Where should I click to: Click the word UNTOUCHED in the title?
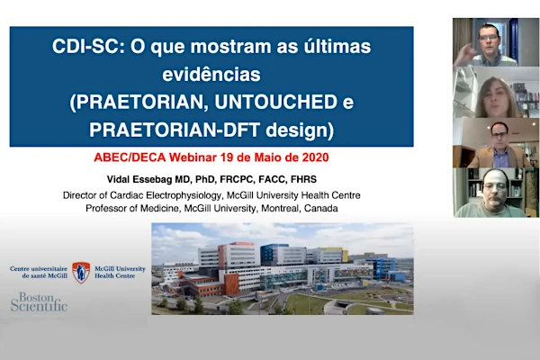pyautogui.click(x=276, y=102)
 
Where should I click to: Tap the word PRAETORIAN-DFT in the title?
pyautogui.click(x=175, y=130)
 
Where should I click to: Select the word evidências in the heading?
pyautogui.click(x=211, y=74)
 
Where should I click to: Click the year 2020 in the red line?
pyautogui.click(x=316, y=157)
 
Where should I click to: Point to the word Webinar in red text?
pyautogui.click(x=193, y=157)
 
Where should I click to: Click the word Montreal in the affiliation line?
pyautogui.click(x=281, y=209)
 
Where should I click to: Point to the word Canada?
pyautogui.click(x=321, y=209)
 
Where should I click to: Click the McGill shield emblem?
pyautogui.click(x=81, y=273)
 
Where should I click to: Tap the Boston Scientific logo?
pyautogui.click(x=39, y=301)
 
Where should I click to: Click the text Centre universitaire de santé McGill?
pyautogui.click(x=39, y=272)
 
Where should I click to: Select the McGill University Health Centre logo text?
pyautogui.click(x=120, y=272)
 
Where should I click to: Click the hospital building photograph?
pyautogui.click(x=283, y=269)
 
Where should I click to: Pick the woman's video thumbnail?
pyautogui.click(x=496, y=93)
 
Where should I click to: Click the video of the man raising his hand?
pyautogui.click(x=496, y=42)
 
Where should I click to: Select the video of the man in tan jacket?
pyautogui.click(x=496, y=143)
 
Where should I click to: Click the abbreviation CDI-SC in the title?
pyautogui.click(x=88, y=46)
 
